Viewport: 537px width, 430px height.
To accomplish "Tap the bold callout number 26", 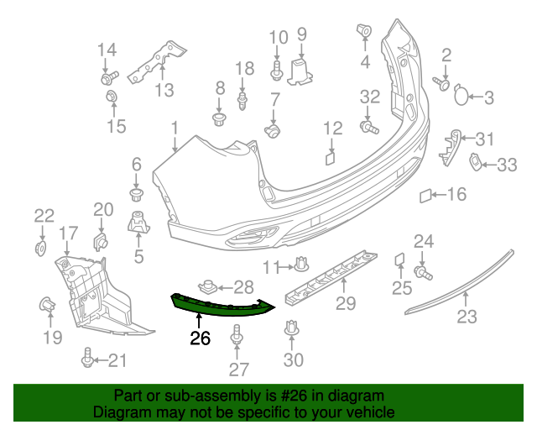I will (200, 339).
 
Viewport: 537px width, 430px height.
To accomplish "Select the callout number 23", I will (467, 317).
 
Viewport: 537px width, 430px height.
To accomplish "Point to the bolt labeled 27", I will (237, 339).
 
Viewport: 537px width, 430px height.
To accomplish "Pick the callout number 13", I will (164, 90).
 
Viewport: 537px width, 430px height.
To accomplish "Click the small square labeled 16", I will (425, 197).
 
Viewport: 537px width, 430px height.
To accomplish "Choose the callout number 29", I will (346, 302).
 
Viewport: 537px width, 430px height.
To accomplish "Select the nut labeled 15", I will (112, 102).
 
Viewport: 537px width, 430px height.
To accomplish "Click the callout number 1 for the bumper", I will (175, 128).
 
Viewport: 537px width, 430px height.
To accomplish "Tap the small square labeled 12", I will (330, 156).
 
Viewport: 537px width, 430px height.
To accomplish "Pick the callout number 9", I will (302, 34).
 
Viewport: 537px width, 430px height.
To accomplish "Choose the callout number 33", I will (507, 165).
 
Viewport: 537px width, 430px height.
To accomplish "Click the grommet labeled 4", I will (364, 32).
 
